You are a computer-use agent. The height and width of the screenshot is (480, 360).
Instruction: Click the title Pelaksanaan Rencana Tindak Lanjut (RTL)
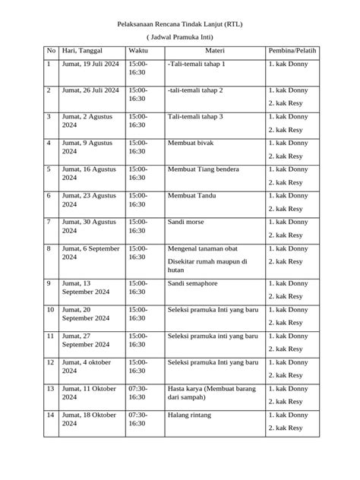[180, 24]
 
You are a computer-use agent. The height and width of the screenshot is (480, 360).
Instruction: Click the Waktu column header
[137, 51]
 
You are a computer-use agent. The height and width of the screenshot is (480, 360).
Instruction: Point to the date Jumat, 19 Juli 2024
[90, 65]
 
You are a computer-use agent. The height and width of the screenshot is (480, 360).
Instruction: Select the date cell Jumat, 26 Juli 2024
[90, 90]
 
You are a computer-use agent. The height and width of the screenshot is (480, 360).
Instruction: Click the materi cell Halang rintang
[189, 415]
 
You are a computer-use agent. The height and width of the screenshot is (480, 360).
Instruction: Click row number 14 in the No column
[50, 415]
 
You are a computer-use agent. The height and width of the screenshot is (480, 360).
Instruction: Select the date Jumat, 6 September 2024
[90, 253]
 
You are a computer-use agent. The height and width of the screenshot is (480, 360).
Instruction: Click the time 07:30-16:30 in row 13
[137, 393]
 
